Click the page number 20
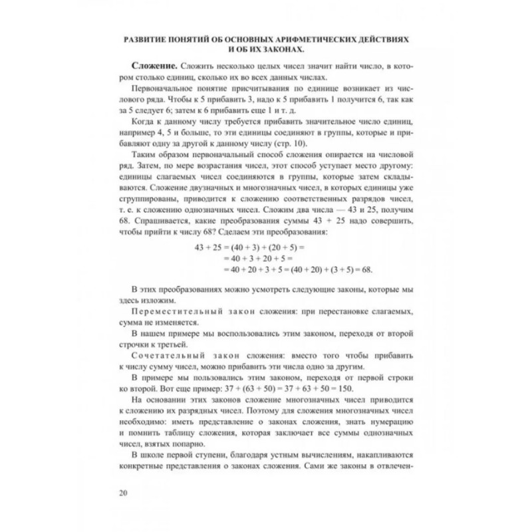tap(122, 492)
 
